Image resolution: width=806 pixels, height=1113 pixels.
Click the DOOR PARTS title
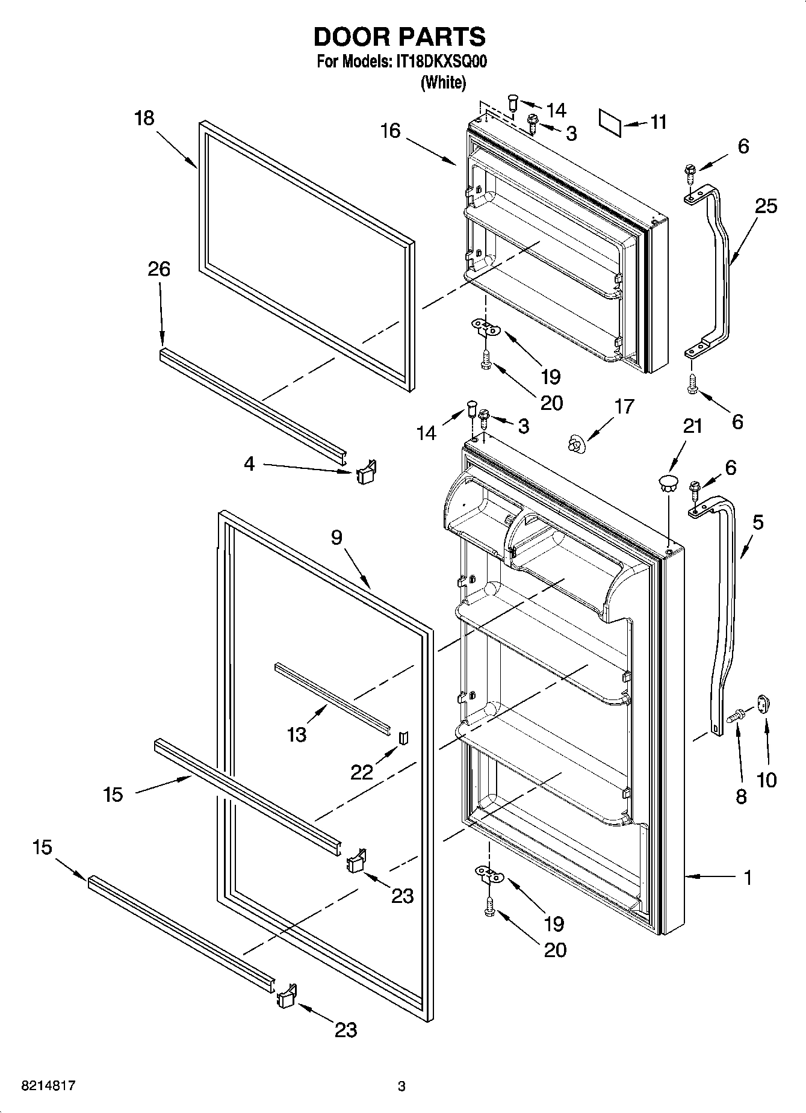[x=399, y=37]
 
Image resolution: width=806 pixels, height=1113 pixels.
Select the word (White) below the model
[x=443, y=82]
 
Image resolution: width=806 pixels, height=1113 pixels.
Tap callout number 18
[x=144, y=118]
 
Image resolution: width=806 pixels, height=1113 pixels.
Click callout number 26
[x=159, y=269]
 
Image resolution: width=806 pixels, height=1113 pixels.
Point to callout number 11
[x=659, y=122]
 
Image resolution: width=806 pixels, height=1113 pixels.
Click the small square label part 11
[x=610, y=122]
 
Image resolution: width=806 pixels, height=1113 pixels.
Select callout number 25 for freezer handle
[x=766, y=206]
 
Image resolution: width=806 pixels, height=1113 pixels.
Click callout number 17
[x=624, y=407]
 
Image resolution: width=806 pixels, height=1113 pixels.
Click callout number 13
[x=297, y=735]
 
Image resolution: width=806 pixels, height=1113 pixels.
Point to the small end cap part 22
[x=403, y=737]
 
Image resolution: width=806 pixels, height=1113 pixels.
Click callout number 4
[x=249, y=463]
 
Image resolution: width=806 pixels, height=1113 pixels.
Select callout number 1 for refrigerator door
[x=747, y=878]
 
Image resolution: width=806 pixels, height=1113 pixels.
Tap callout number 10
[x=766, y=780]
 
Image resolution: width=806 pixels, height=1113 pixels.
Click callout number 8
[x=741, y=796]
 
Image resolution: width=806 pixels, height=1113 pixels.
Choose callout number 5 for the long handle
[x=757, y=522]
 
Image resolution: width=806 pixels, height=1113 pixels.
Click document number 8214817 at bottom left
[x=48, y=1087]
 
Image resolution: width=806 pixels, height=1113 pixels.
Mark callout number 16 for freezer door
[x=390, y=131]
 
